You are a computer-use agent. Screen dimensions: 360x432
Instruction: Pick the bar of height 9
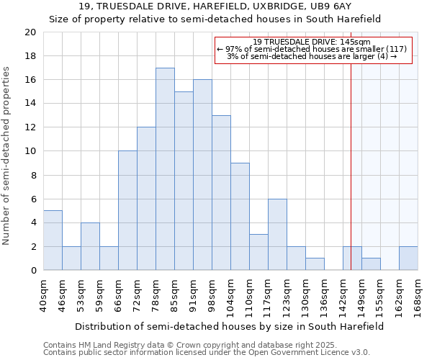(x=240, y=217)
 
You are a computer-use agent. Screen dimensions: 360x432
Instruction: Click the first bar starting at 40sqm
(x=53, y=240)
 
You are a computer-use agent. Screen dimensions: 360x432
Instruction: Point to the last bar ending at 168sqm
(x=408, y=258)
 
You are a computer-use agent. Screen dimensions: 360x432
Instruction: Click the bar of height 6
(x=277, y=235)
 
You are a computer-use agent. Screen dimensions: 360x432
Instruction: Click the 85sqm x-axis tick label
(x=174, y=292)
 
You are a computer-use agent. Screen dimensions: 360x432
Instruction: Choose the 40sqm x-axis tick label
(x=43, y=292)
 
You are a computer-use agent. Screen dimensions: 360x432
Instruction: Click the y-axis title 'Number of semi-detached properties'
(x=7, y=156)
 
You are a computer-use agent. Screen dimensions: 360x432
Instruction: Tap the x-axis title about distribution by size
(x=230, y=326)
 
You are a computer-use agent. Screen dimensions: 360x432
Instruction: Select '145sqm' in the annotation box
(x=356, y=42)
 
